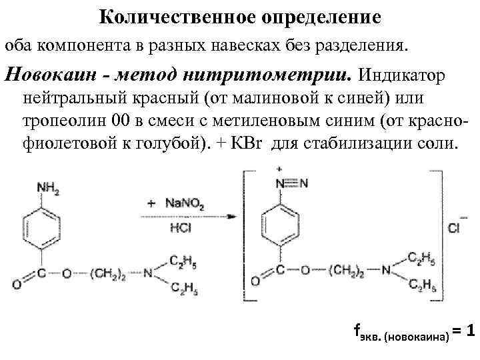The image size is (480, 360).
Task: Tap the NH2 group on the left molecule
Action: [47, 189]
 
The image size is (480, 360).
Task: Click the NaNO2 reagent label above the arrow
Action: [179, 201]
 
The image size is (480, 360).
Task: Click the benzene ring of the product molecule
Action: [281, 221]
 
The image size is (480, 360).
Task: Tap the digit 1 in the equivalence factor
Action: [471, 331]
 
